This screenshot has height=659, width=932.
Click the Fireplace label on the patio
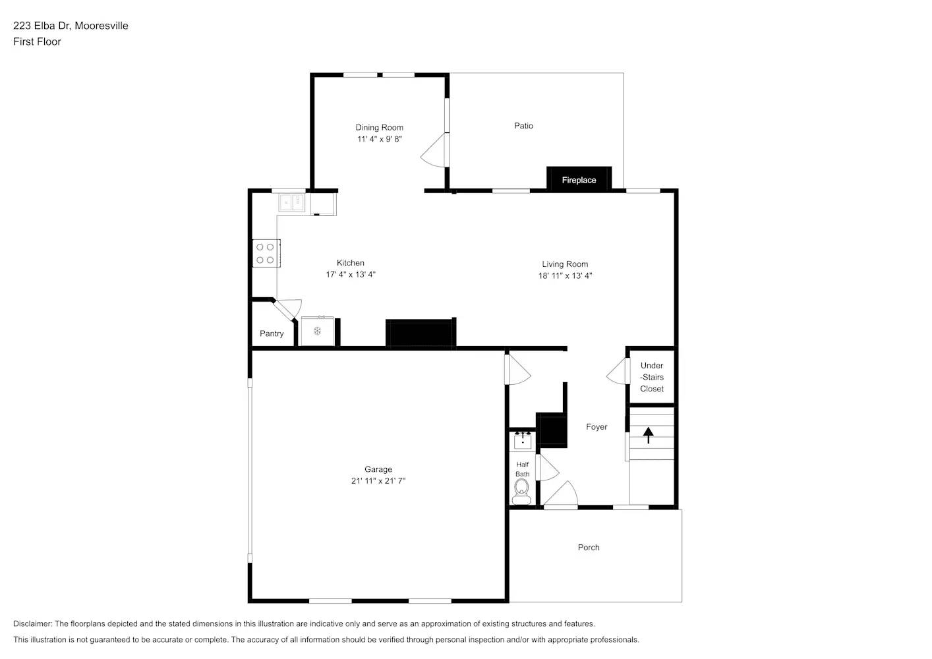(x=579, y=180)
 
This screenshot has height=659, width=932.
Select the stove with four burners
(x=266, y=254)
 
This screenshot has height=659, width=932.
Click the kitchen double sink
(x=291, y=202)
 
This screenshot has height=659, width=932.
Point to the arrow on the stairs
(x=648, y=435)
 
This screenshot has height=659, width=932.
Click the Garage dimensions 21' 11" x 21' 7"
(x=378, y=481)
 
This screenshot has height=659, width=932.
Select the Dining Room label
(x=379, y=127)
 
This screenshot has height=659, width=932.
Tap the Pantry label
(x=272, y=333)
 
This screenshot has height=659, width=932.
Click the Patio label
(x=523, y=125)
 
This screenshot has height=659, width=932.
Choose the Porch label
(x=589, y=547)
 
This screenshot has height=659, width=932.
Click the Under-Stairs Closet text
(x=652, y=377)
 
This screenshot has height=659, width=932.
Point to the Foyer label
(x=597, y=426)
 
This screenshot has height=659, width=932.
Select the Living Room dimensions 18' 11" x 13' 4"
(x=565, y=276)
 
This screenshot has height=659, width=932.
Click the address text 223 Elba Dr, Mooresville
(x=71, y=26)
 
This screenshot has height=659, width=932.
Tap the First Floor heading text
(x=37, y=42)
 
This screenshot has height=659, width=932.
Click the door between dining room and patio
(x=435, y=151)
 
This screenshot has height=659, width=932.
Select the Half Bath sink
(x=523, y=440)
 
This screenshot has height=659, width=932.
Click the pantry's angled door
(x=287, y=309)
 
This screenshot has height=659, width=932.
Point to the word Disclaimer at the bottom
(x=32, y=623)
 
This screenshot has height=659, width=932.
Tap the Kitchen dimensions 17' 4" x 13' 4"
(x=350, y=275)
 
